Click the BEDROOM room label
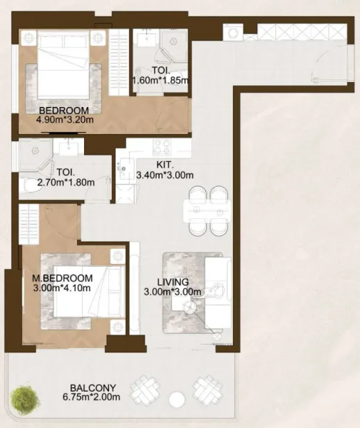pos(63,110)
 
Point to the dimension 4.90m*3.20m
pos(63,119)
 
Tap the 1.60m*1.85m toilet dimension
pos(160,81)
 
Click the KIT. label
pos(165,163)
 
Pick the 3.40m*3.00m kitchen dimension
pos(165,174)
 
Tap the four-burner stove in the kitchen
pos(163,148)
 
